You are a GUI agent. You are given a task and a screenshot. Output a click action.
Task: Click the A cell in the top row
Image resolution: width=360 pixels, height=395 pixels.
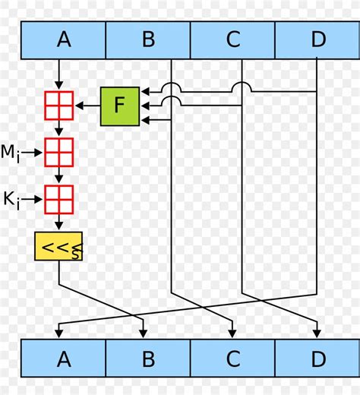tap(63, 40)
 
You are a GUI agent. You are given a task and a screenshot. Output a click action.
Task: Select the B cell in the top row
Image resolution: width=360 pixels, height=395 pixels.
tap(148, 40)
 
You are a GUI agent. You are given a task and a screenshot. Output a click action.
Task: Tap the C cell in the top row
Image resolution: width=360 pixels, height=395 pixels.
tap(232, 40)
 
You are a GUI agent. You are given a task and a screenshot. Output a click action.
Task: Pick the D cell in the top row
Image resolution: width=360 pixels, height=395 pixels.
tap(317, 40)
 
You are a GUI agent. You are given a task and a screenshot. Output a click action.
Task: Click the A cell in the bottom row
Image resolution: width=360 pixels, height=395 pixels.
tap(63, 359)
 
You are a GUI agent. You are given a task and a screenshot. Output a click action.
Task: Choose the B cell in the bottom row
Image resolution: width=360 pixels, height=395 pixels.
tap(148, 359)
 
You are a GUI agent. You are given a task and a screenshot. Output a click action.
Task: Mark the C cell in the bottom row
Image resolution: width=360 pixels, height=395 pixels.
tap(232, 359)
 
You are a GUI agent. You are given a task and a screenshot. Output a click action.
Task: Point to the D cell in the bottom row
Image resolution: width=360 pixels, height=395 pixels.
tap(317, 359)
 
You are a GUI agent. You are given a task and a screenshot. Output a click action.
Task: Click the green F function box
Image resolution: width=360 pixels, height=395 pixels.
tap(120, 106)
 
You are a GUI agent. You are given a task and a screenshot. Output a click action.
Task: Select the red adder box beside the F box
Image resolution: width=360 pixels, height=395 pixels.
tap(59, 106)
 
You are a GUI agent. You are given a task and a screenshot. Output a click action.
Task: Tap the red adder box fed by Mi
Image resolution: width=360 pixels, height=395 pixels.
tap(59, 152)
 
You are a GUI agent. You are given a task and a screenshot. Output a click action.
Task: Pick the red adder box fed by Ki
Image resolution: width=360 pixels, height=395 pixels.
tap(59, 200)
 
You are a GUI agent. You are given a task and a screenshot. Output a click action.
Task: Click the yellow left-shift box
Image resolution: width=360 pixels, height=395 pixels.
tap(59, 246)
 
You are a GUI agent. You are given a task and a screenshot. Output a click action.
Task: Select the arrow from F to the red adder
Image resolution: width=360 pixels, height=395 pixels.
tap(87, 106)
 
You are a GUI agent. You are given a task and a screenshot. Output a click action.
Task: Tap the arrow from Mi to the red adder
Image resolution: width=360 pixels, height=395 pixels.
tap(33, 153)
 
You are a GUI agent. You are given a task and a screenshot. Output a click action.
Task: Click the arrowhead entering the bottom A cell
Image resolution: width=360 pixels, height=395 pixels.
tap(59, 333)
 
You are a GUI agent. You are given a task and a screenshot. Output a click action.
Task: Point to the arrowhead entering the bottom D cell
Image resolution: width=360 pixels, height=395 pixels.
tap(317, 333)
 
